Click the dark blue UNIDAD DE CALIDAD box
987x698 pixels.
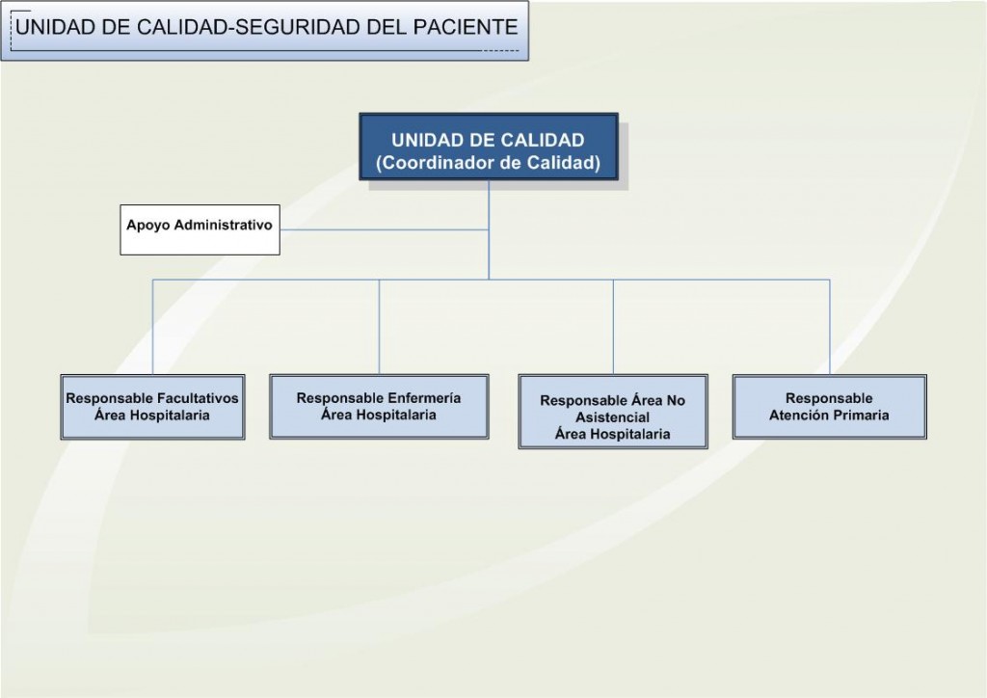pyautogui.click(x=488, y=149)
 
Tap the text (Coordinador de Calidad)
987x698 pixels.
pyautogui.click(x=488, y=163)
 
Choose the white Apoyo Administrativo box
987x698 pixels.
pyautogui.click(x=200, y=229)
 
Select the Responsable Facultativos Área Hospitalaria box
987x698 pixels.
pyautogui.click(x=152, y=407)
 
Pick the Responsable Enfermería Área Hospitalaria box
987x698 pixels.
pyautogui.click(x=379, y=406)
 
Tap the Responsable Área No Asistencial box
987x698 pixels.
pyautogui.click(x=613, y=412)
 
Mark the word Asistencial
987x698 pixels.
pyautogui.click(x=613, y=417)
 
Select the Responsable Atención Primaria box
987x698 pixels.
pyautogui.click(x=829, y=407)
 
